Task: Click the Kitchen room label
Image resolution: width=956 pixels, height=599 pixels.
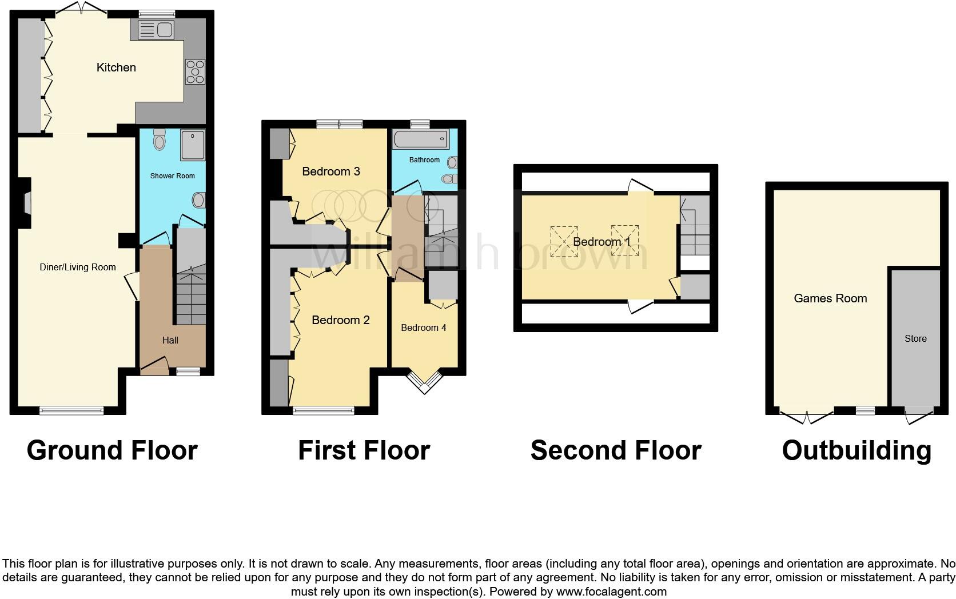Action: [x=116, y=67]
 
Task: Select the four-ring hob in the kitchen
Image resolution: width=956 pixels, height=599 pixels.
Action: [x=195, y=72]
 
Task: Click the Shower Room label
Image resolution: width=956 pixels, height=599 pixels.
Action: [x=172, y=176]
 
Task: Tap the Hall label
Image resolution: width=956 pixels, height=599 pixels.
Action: [x=170, y=340]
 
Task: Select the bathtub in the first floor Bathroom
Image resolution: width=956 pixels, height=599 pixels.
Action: [x=419, y=138]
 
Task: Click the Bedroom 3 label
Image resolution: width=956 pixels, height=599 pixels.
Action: [x=331, y=171]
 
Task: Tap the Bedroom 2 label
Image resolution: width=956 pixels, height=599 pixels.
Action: [x=341, y=320]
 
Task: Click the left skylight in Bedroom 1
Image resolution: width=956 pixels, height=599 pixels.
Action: [x=564, y=241]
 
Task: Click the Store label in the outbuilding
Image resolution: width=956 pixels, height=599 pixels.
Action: [x=915, y=338]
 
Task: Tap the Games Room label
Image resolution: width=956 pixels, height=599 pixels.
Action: [x=830, y=298]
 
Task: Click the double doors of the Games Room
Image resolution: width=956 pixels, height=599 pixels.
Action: [x=807, y=417]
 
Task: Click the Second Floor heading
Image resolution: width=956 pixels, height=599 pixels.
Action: [x=616, y=450]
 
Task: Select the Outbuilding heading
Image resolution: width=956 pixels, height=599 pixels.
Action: [x=857, y=450]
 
